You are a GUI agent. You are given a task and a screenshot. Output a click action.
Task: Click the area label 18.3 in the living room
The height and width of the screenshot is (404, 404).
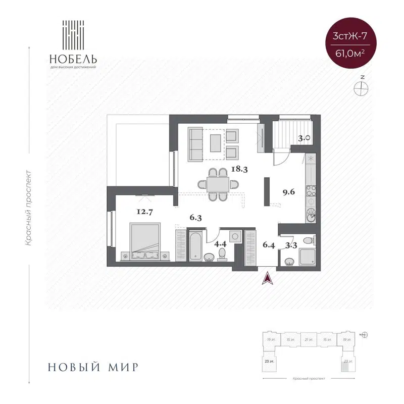click(x=239, y=170)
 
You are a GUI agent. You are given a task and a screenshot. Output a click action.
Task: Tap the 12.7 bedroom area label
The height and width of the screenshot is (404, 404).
click(x=144, y=212)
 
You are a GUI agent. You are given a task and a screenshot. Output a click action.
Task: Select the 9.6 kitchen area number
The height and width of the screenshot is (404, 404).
click(x=289, y=192)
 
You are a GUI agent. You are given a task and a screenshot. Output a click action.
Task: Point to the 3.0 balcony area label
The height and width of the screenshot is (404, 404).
click(x=303, y=137)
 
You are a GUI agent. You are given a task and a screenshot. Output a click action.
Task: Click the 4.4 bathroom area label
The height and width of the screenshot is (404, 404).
click(x=221, y=244)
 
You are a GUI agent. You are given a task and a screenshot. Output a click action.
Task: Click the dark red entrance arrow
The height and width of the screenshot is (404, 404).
click(x=267, y=278)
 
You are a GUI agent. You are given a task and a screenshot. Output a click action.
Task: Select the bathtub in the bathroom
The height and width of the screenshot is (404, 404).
click(x=196, y=246)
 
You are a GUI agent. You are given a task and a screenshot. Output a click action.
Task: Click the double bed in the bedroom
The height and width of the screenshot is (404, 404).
click(x=146, y=241)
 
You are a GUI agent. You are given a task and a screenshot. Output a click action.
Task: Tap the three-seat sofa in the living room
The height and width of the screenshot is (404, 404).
click(x=195, y=144)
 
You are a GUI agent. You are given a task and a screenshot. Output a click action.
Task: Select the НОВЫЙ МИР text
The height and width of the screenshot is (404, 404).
click(x=93, y=367)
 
